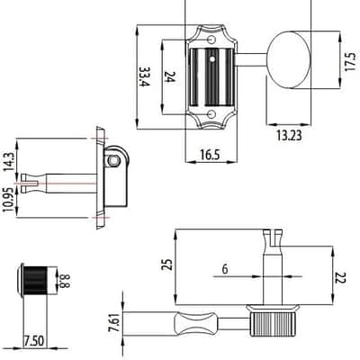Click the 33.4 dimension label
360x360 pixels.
point(144,76)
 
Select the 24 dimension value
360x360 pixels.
point(170,76)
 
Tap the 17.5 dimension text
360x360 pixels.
point(350,62)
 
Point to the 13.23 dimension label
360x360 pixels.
point(289,136)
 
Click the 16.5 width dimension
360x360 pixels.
point(210,155)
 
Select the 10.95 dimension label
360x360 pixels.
point(8,200)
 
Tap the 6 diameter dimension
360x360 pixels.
point(225,269)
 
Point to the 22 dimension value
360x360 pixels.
point(341,278)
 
